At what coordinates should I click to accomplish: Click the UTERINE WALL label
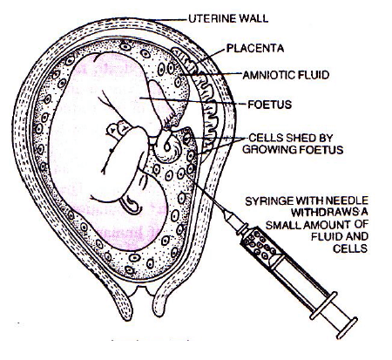228,18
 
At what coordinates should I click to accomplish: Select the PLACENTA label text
255,48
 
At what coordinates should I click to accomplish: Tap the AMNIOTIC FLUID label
286,75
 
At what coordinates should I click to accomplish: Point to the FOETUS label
269,105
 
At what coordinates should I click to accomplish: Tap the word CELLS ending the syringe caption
350,248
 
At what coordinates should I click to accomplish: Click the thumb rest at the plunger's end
347,328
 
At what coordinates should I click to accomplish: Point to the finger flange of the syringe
323,306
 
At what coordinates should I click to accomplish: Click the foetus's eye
111,150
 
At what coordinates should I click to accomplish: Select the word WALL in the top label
253,18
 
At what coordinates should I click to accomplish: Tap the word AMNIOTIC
266,75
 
